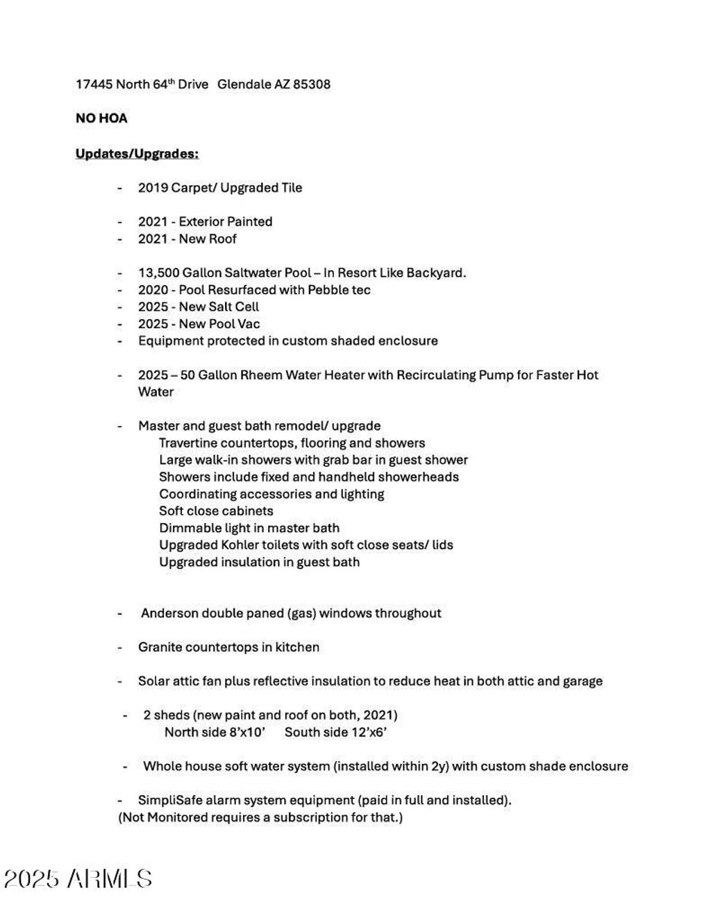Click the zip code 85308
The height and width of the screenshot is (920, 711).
pyautogui.click(x=312, y=85)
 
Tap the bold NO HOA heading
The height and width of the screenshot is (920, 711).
pyautogui.click(x=101, y=119)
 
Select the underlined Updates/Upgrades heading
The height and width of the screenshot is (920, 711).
pyautogui.click(x=137, y=153)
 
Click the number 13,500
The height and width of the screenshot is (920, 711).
pyautogui.click(x=158, y=273)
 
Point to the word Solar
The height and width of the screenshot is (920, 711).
pyautogui.click(x=153, y=681)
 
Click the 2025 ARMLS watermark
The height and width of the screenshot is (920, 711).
pyautogui.click(x=78, y=880)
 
